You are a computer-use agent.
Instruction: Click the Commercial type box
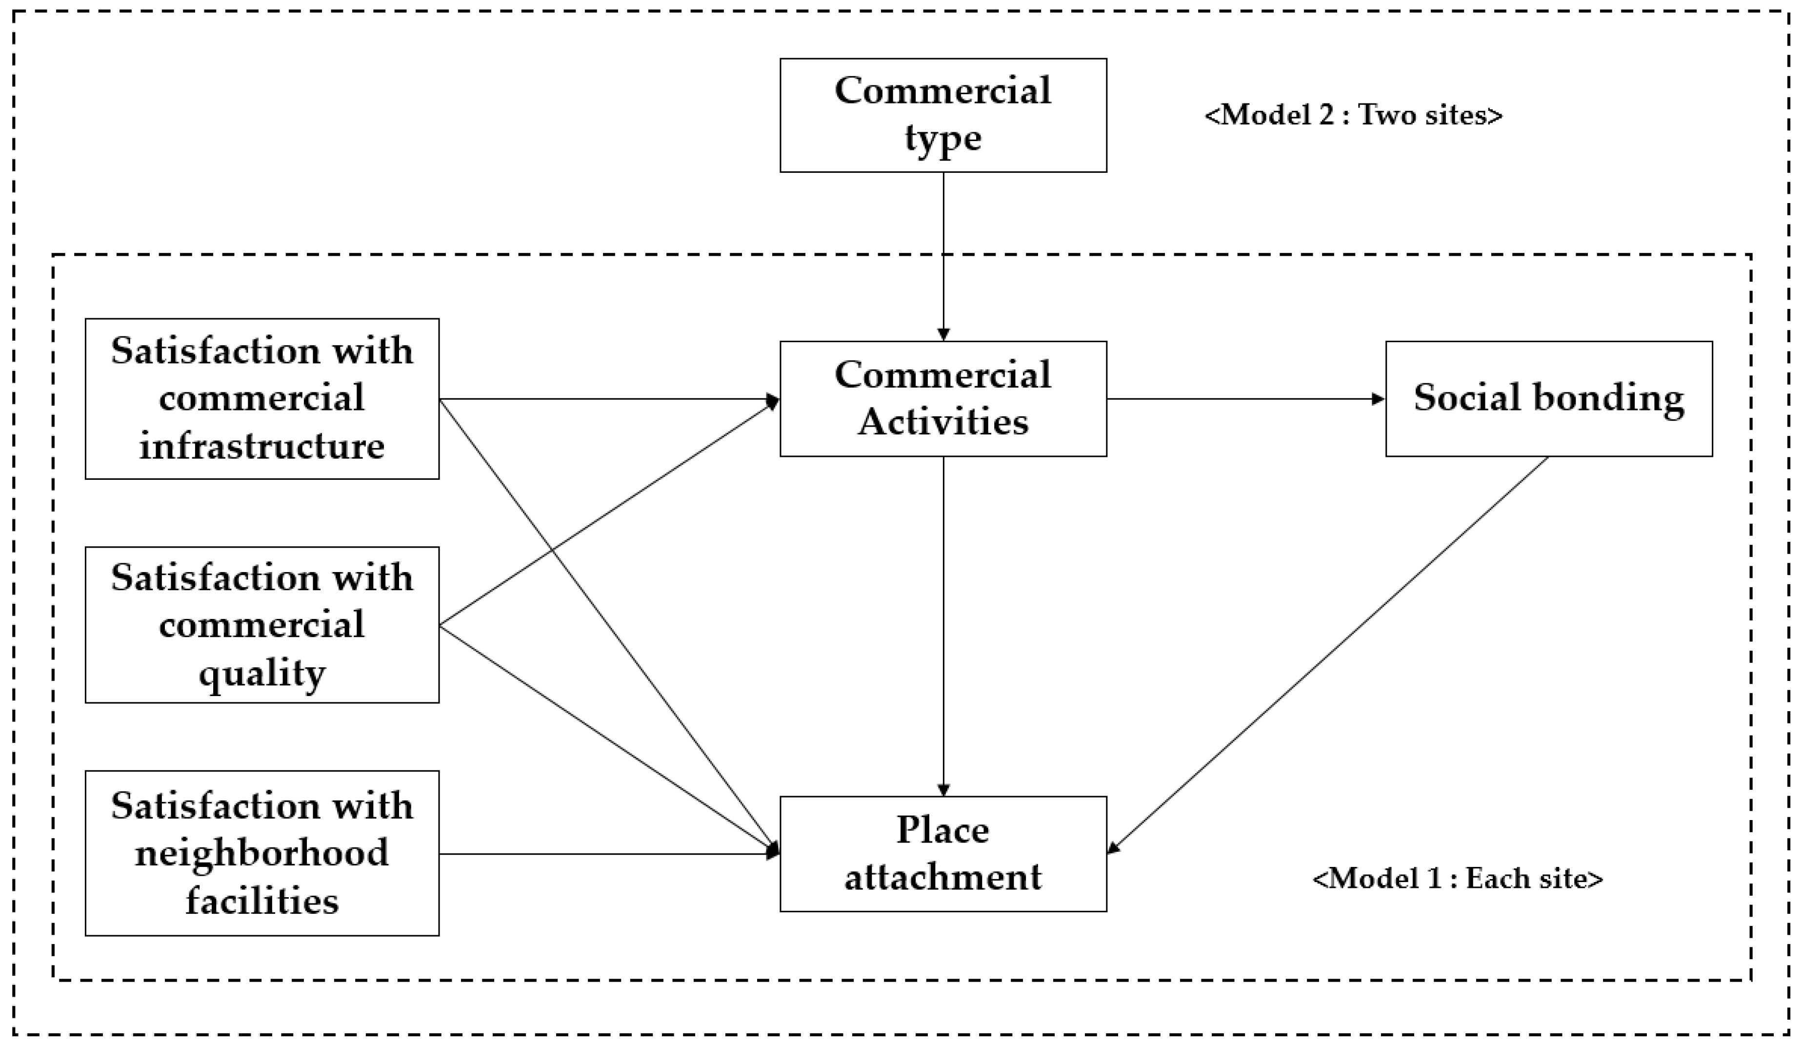click(x=942, y=115)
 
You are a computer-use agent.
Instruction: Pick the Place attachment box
click(x=942, y=853)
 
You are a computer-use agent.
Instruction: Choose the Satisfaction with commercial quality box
click(x=262, y=624)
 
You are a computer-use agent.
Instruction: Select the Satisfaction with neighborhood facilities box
click(x=262, y=853)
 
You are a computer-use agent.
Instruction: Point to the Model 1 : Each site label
click(x=1458, y=878)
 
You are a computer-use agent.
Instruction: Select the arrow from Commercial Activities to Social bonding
click(x=1245, y=399)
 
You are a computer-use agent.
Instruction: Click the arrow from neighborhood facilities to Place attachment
click(x=608, y=853)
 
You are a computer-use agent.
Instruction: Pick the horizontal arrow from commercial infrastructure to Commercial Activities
click(x=608, y=399)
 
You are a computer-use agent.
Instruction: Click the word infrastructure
click(x=262, y=446)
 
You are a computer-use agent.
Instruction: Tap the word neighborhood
click(x=262, y=853)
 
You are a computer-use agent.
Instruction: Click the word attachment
click(x=942, y=877)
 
